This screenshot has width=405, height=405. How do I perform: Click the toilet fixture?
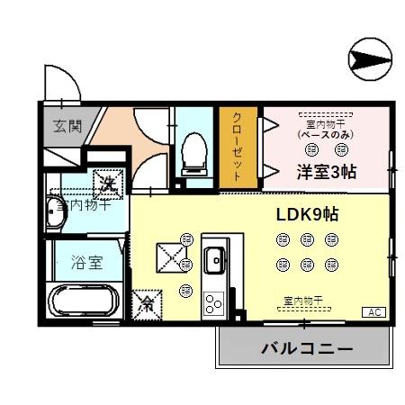tap(193, 153)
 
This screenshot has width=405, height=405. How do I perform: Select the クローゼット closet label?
tap(238, 148)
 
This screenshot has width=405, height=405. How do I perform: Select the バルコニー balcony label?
tap(307, 347)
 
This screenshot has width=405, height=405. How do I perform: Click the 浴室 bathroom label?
tap(86, 264)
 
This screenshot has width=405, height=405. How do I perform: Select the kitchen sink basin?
tap(215, 262)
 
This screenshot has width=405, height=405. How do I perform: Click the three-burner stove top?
tap(214, 301)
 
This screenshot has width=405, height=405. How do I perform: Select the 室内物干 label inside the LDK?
tap(303, 300)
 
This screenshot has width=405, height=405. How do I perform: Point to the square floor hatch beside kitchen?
tap(168, 256)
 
